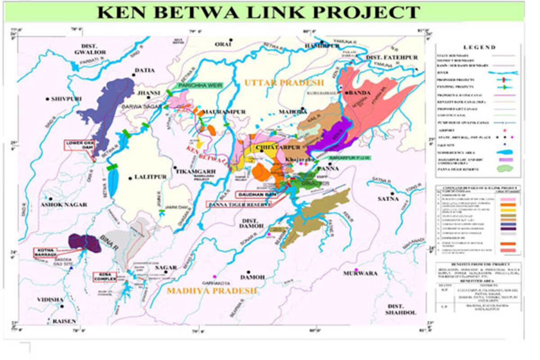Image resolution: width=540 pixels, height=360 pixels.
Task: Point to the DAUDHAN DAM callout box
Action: [x=256, y=195]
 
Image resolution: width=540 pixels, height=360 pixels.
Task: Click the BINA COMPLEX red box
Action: [x=105, y=276]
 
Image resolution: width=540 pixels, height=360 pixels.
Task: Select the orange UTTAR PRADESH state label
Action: [x=284, y=82]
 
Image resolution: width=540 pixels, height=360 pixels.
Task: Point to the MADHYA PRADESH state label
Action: [x=212, y=291]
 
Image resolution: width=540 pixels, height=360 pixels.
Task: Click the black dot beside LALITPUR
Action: [x=130, y=178]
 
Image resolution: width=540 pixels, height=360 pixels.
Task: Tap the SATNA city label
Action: [x=388, y=198]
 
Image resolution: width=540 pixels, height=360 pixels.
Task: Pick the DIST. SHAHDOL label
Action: [x=401, y=310]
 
